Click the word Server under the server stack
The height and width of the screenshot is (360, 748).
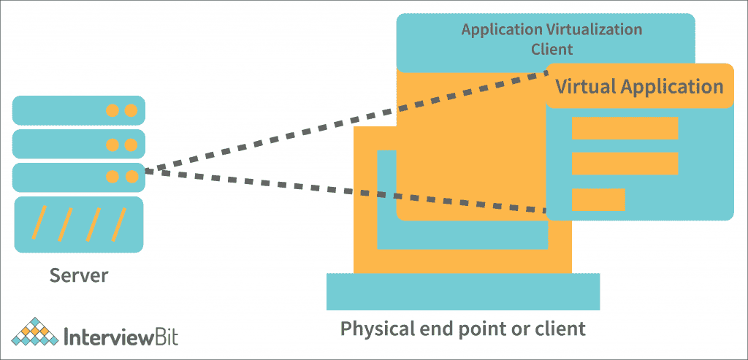(79, 275)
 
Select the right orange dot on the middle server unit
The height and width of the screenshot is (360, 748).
(131, 144)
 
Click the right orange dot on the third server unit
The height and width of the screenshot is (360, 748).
(131, 176)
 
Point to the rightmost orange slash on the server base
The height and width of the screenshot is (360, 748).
(119, 223)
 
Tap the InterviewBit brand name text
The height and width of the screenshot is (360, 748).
(121, 337)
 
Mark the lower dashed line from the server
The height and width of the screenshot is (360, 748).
(343, 191)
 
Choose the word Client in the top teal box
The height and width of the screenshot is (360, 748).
(552, 50)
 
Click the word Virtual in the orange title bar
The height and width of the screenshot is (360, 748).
(585, 86)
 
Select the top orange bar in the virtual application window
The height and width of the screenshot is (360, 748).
(625, 128)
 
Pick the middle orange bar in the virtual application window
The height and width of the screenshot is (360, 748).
(625, 163)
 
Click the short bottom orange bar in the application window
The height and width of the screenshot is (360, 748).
(598, 199)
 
